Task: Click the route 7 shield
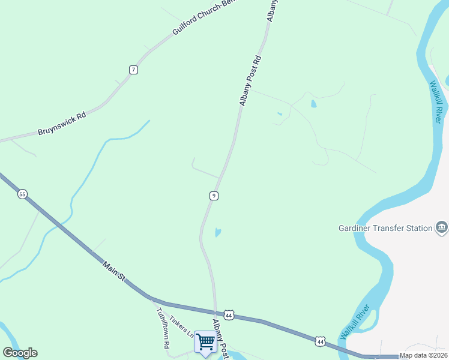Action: (x=133, y=70)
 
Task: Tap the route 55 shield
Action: (x=22, y=194)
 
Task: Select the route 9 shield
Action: (x=214, y=196)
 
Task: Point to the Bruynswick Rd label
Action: (x=62, y=122)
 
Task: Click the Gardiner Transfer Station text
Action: (x=385, y=228)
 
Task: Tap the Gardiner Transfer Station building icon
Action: (x=442, y=227)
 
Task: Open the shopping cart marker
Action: (x=205, y=343)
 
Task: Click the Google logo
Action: (x=20, y=353)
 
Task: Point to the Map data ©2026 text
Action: (x=423, y=355)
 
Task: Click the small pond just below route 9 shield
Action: (x=218, y=232)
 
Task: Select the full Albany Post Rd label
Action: (x=251, y=81)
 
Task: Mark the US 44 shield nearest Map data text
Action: (x=321, y=341)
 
